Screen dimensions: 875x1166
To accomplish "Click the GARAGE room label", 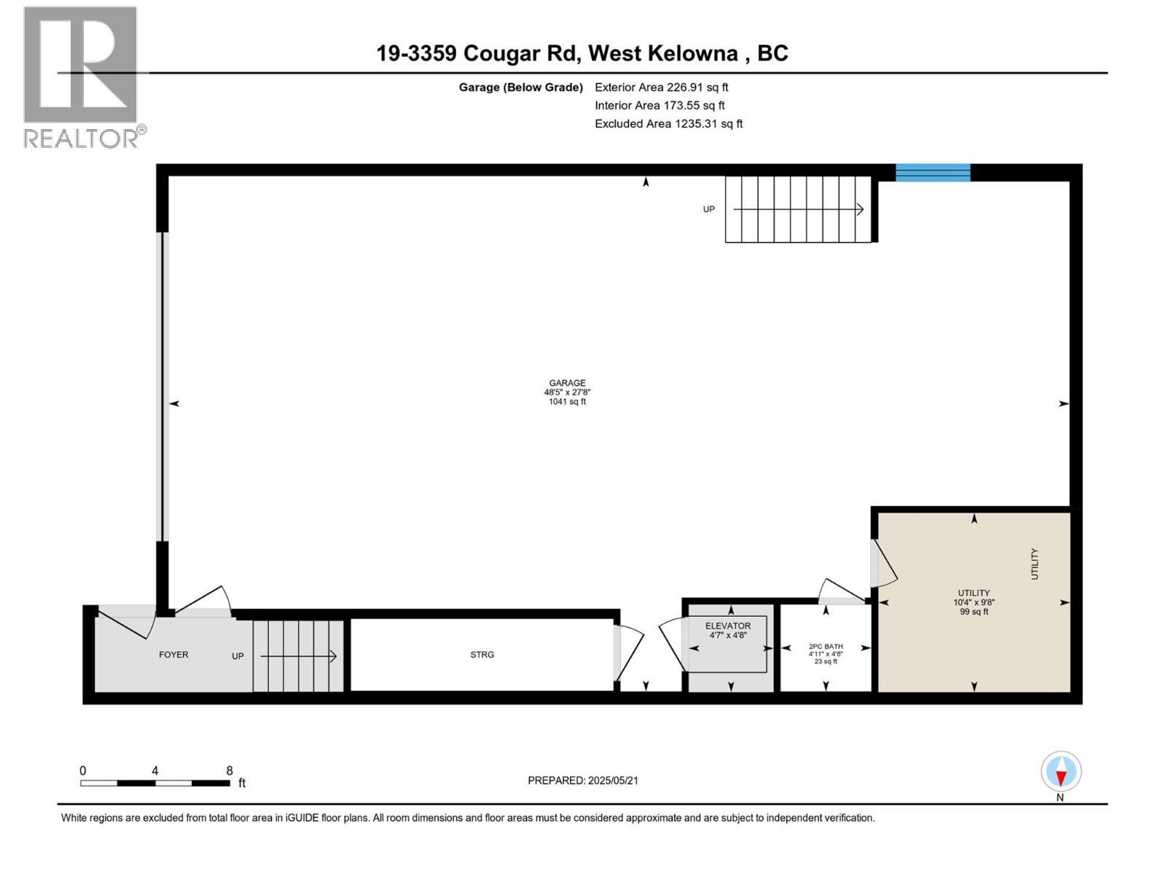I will coord(567,383).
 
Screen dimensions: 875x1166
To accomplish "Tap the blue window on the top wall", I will coord(932,173).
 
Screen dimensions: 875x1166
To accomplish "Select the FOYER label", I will coord(173,655).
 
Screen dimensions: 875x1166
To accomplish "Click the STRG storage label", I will coord(482,655).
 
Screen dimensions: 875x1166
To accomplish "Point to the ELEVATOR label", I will coord(727,626).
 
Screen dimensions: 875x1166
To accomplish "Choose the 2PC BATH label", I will coord(826,646).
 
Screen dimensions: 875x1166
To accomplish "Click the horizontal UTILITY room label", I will coord(974,593).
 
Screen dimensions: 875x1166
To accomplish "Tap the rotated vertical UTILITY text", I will coord(1034,564).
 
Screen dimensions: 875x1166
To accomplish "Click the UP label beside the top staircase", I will coord(708,209).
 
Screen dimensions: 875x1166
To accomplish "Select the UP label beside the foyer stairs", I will coord(238,656).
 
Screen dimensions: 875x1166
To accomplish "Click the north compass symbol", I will coord(1061,771).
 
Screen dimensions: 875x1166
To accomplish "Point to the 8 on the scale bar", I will coord(230,771).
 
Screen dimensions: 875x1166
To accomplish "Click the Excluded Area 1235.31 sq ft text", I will coord(668,124).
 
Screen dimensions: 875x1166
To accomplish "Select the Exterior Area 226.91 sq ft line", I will coord(661,87).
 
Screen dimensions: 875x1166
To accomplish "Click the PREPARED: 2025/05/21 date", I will coord(583,780).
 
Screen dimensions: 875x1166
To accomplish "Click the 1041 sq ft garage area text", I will coord(567,402).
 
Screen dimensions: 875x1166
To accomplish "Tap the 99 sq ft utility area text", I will coord(974,612).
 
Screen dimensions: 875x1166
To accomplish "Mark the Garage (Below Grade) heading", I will coord(520,87).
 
